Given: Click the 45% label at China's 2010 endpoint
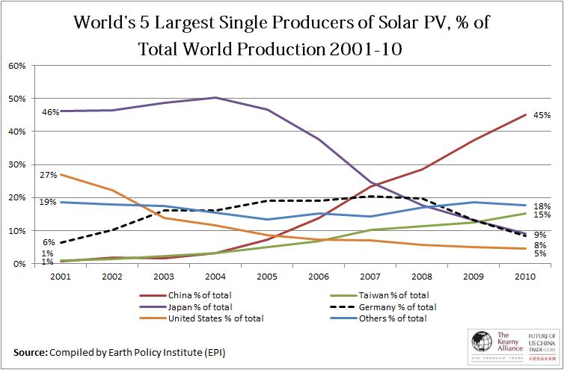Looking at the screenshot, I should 542,115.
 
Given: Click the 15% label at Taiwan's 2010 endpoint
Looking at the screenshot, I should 542,215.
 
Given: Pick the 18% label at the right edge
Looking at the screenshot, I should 542,206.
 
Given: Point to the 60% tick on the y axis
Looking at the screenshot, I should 17,66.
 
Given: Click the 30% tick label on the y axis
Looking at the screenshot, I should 17,164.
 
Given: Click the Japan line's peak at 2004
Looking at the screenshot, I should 216,97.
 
